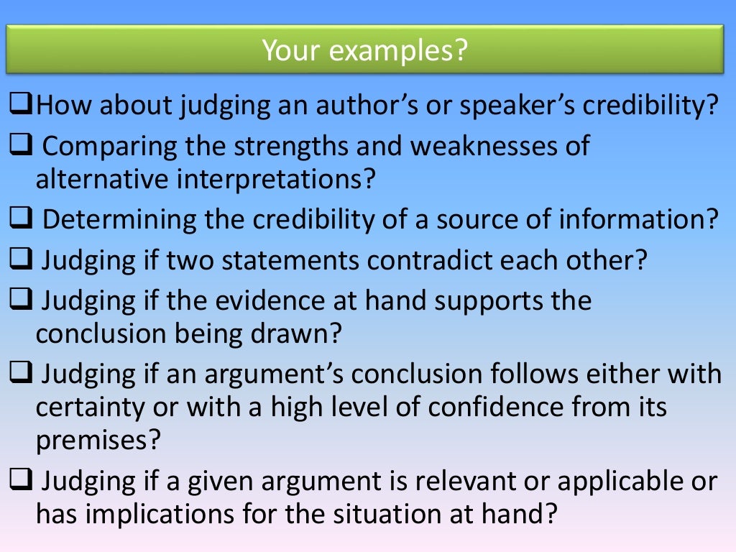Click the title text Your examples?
[x=364, y=50]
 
